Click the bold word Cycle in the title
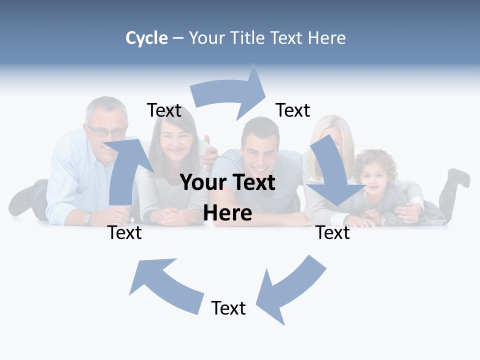tap(146, 38)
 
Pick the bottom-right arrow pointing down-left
tap(290, 290)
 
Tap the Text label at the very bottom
tap(228, 308)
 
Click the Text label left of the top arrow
tap(164, 110)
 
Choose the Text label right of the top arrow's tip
tap(293, 110)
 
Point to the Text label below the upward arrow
tap(124, 232)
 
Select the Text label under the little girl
tap(333, 232)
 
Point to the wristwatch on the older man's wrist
tap(87, 218)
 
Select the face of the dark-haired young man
tap(260, 147)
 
